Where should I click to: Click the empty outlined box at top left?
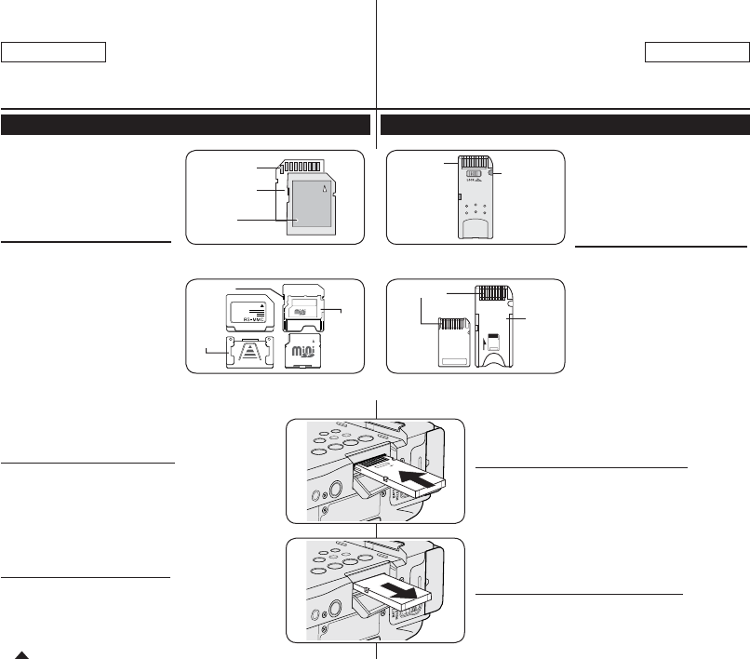[x=55, y=51]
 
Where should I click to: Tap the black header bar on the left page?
[x=186, y=125]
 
